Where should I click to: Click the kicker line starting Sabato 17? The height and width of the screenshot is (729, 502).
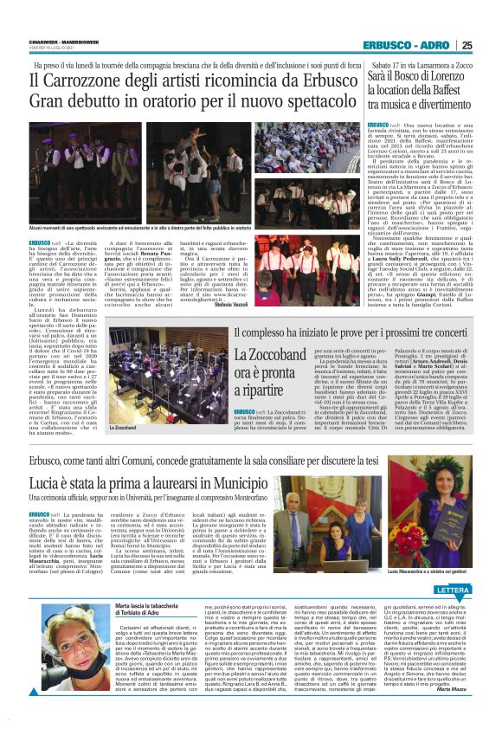click(422, 64)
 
